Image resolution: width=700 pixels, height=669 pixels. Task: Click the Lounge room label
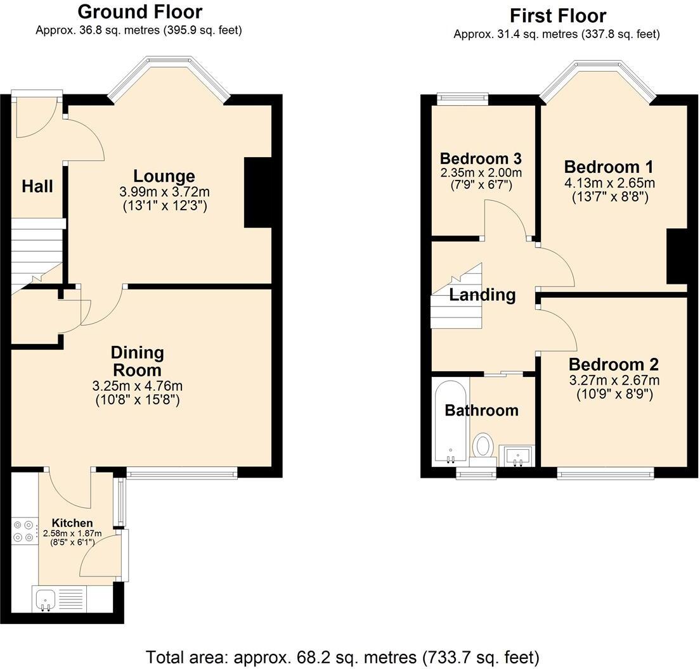coord(164,176)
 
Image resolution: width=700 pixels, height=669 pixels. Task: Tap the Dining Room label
coord(138,360)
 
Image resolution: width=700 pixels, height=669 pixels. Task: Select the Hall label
coord(37,186)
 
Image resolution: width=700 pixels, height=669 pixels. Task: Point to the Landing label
coord(483,295)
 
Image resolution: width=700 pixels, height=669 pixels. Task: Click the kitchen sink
coord(46,599)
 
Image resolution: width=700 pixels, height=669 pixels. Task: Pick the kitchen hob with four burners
coord(23,531)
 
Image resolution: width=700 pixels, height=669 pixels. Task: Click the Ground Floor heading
coord(139,11)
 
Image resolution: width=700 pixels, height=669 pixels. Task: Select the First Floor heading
coord(557,15)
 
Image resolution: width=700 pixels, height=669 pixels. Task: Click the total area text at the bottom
coord(342,656)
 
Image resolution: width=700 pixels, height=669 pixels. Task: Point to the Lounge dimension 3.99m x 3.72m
coord(164,191)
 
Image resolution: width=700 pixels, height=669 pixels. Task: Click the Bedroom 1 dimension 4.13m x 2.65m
coord(609,183)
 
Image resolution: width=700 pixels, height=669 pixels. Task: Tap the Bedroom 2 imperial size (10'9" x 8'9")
coord(614,393)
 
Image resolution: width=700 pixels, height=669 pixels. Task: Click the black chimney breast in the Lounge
coord(257,192)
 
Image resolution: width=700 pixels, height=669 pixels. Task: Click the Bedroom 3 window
coord(463,97)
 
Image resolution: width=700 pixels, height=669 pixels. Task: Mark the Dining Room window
coord(182,472)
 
